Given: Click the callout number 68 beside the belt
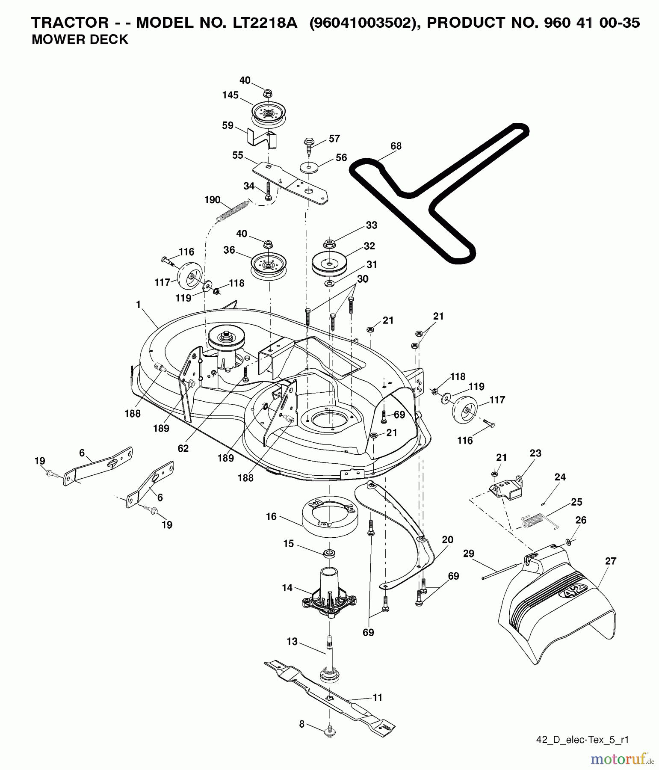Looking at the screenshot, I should (396, 146).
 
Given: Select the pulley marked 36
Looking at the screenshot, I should (268, 266).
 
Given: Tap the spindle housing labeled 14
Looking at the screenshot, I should (330, 592).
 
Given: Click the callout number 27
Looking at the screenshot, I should (610, 561).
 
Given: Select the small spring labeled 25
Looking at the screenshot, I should (532, 523).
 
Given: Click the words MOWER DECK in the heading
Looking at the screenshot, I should (80, 40).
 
